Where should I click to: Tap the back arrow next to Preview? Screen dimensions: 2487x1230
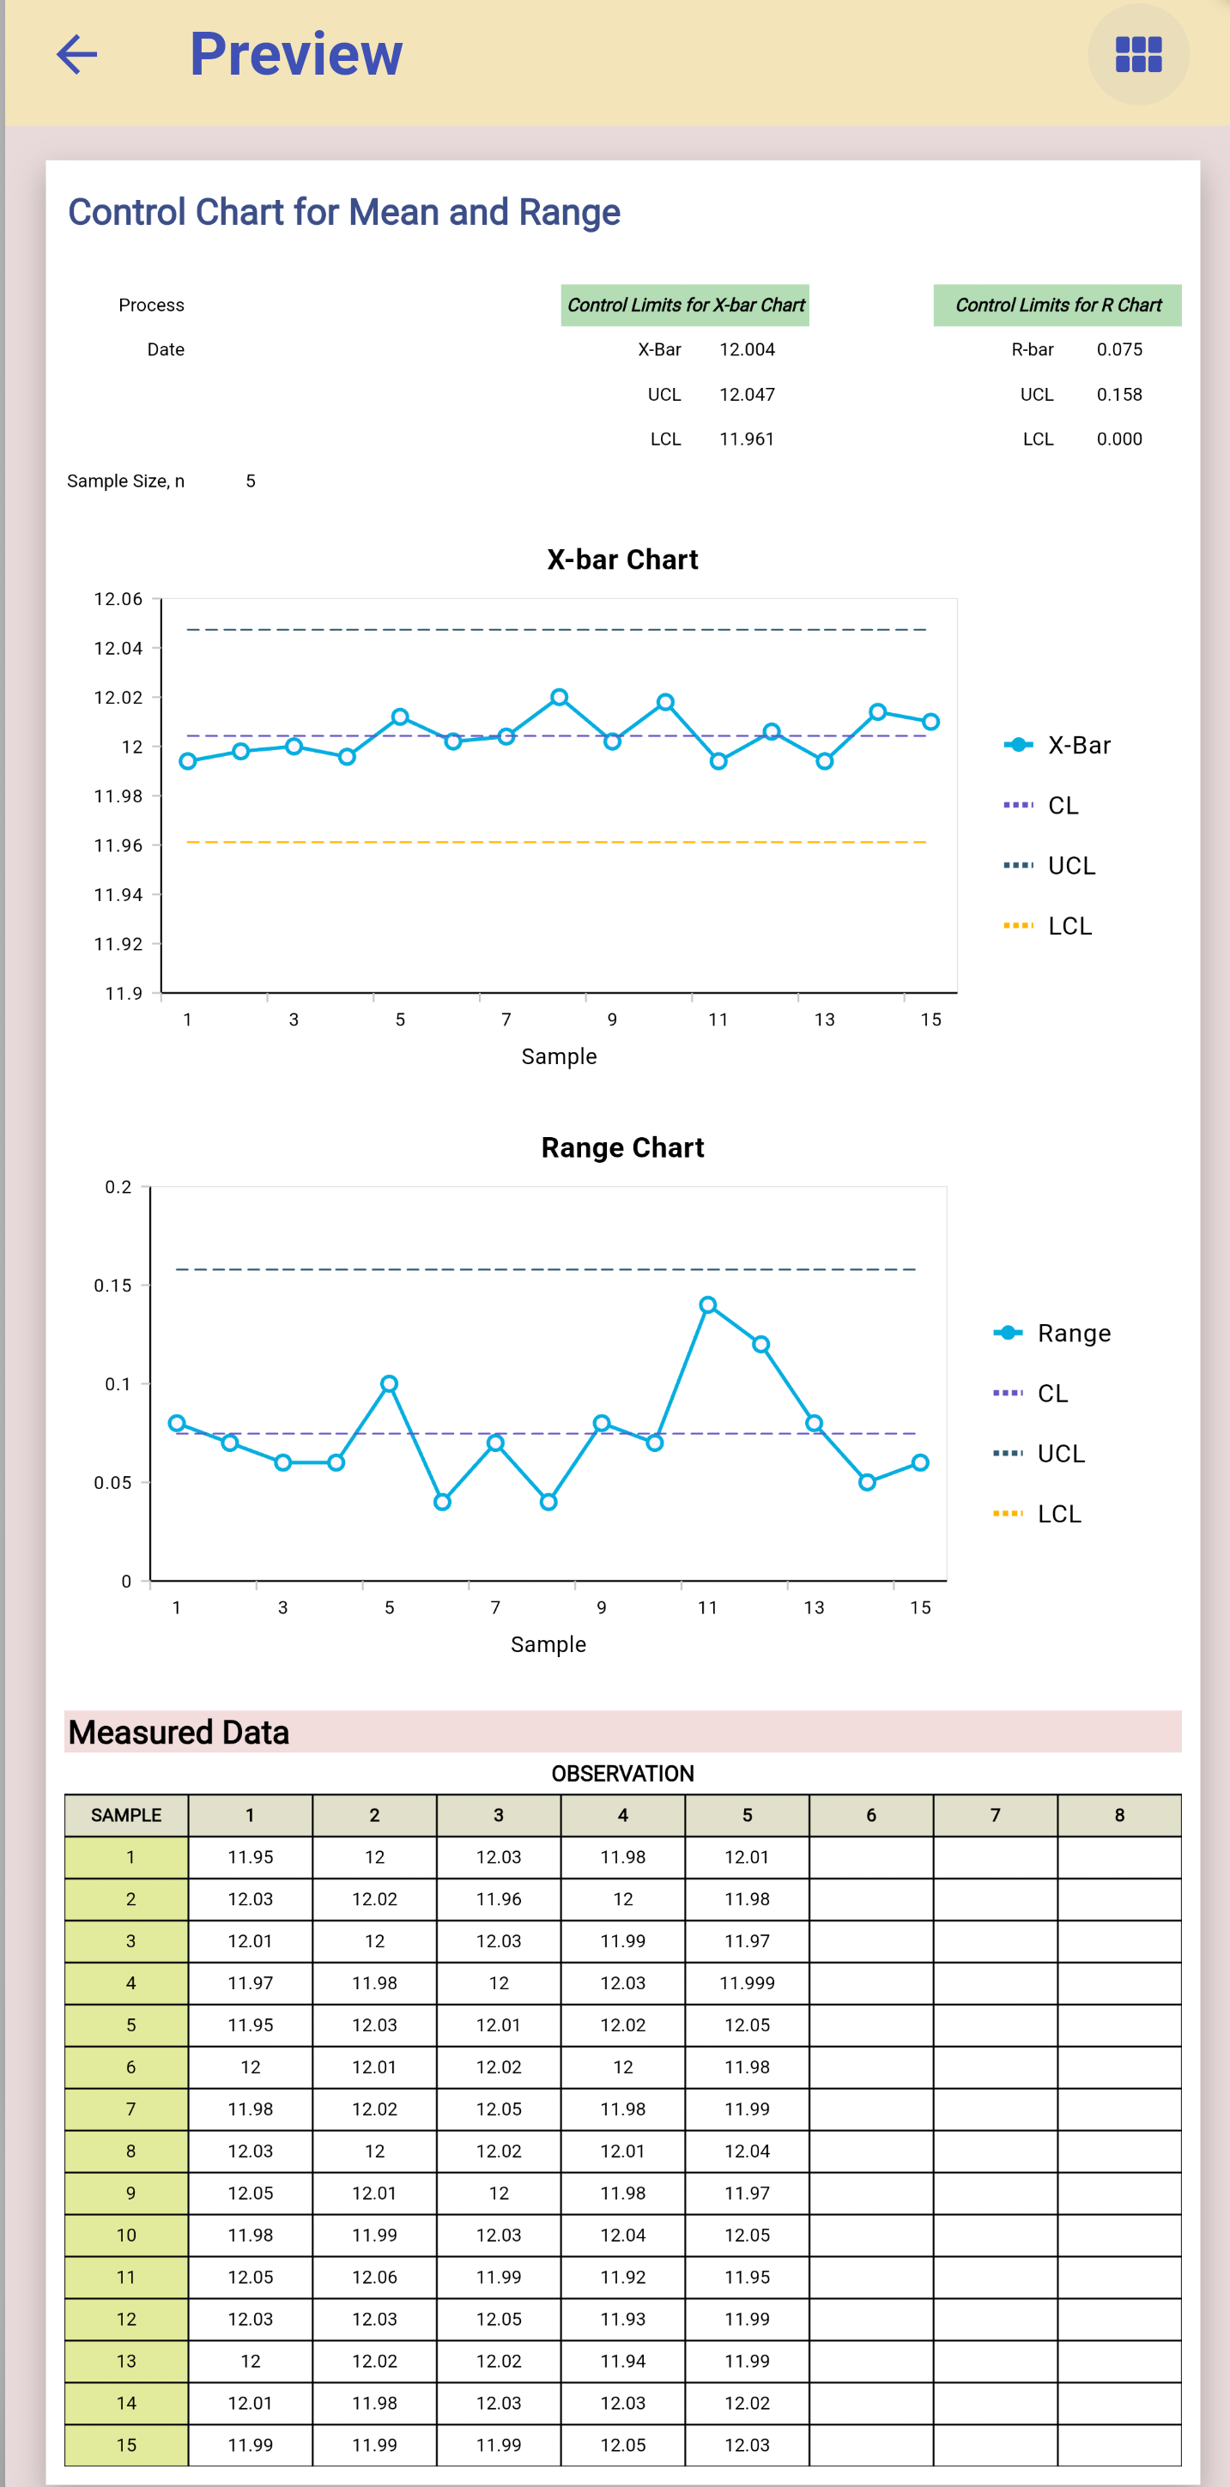click(x=77, y=54)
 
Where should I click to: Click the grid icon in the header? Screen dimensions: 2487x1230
click(x=1137, y=54)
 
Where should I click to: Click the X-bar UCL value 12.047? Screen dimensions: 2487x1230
click(x=746, y=394)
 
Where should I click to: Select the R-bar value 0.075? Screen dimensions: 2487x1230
click(x=1118, y=349)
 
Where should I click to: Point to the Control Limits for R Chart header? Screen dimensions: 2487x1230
click(x=1057, y=306)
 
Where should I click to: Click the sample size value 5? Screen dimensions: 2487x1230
click(x=250, y=481)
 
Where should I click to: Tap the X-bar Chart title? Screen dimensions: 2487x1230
click(x=621, y=560)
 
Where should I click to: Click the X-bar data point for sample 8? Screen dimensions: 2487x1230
click(x=559, y=697)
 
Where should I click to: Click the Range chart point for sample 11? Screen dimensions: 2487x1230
click(x=707, y=1304)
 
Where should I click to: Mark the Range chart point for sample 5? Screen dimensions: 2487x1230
click(x=389, y=1383)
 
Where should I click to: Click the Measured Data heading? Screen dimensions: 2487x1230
click(x=179, y=1732)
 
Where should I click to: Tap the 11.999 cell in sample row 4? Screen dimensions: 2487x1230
click(x=746, y=1983)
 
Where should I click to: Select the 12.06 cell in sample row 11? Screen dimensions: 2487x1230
click(x=373, y=2277)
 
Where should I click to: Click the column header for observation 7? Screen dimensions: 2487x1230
click(x=995, y=1815)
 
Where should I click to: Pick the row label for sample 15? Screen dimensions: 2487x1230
click(x=126, y=2444)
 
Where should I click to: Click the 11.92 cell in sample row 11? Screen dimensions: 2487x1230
click(x=621, y=2277)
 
